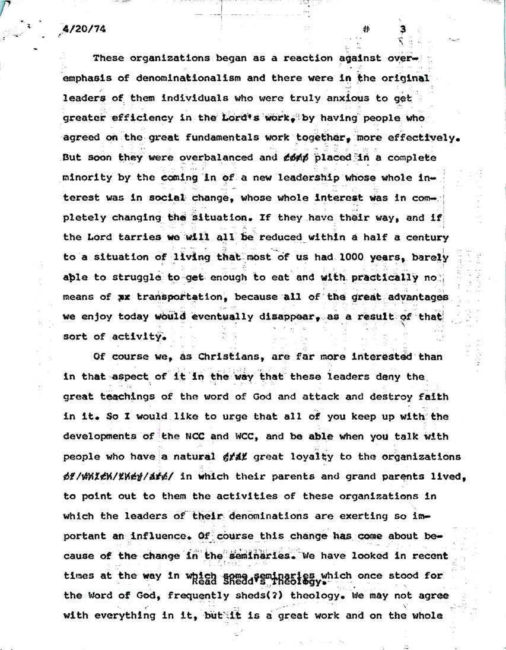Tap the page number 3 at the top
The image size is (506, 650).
point(402,28)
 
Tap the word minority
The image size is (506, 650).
point(90,177)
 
